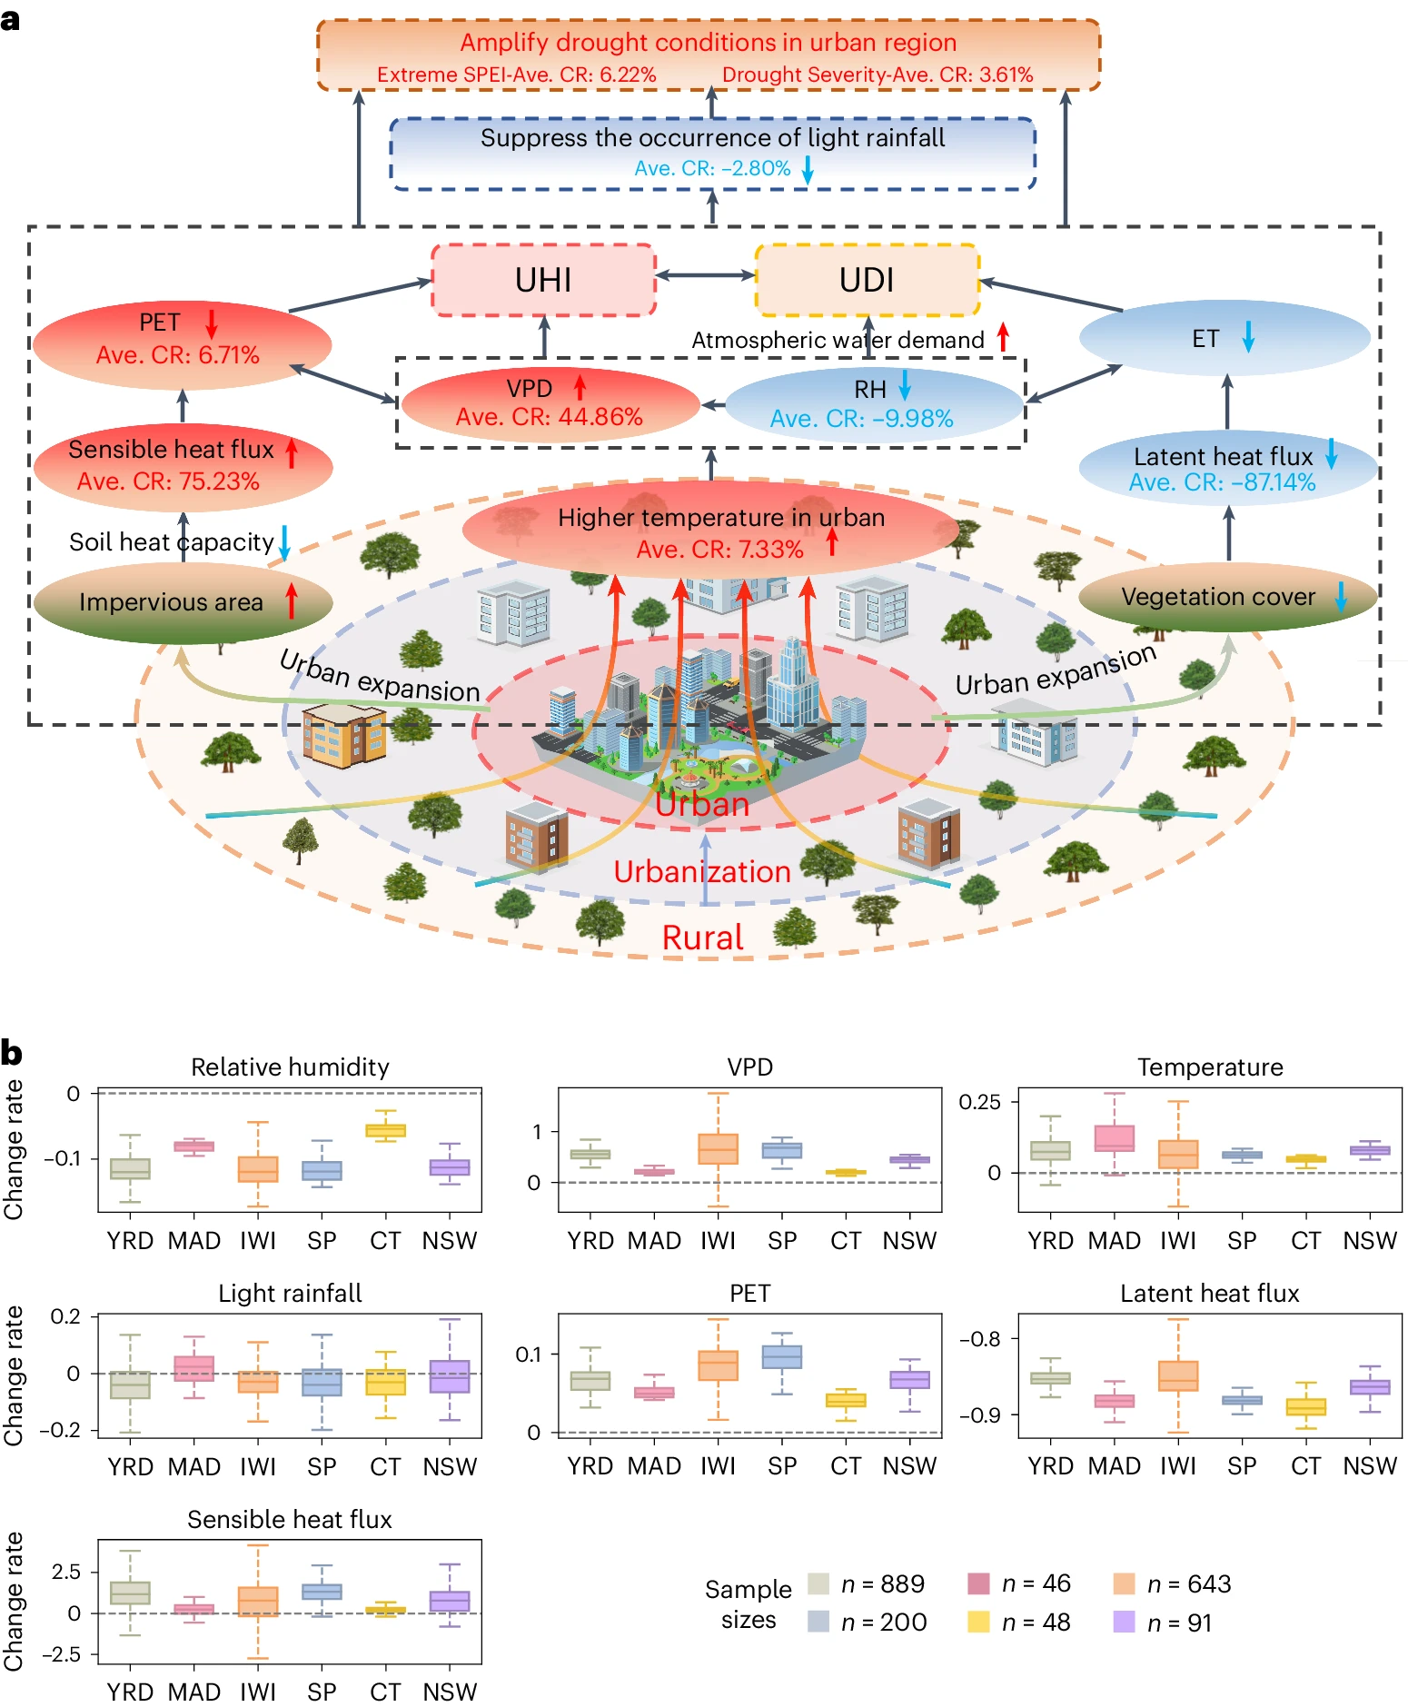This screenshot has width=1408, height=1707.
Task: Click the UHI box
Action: [543, 280]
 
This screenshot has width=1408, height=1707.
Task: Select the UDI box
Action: [867, 280]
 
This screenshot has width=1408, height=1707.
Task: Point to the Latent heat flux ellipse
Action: [1226, 469]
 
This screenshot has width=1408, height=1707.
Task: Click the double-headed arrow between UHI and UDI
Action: [706, 274]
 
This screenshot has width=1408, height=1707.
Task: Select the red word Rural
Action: [702, 938]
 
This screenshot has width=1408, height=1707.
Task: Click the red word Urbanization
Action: [702, 871]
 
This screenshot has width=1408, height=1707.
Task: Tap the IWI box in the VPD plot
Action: [718, 1149]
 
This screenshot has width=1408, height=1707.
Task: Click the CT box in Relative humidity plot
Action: [385, 1130]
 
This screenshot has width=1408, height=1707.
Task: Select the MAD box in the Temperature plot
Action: [1115, 1138]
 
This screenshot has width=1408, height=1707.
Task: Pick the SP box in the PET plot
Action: [782, 1356]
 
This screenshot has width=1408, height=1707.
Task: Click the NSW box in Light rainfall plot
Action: [450, 1376]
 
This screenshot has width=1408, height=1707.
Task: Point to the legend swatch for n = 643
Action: [1125, 1584]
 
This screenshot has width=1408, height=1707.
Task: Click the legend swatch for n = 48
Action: [978, 1623]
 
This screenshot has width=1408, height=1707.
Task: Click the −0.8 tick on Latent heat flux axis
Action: [980, 1339]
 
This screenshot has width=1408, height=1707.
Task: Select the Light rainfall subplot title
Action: [290, 1293]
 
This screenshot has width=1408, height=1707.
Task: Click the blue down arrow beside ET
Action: [1249, 336]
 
